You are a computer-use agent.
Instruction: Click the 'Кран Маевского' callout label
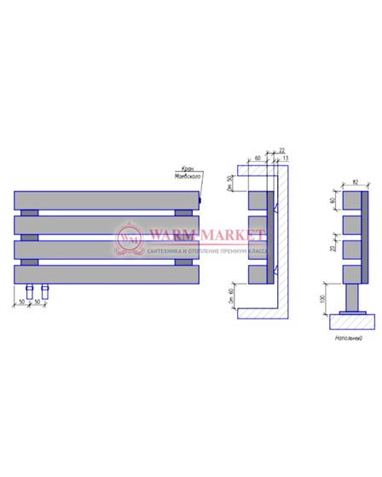(x=190, y=175)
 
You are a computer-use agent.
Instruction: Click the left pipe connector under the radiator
(x=31, y=292)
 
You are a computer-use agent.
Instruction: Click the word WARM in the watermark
(x=170, y=231)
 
